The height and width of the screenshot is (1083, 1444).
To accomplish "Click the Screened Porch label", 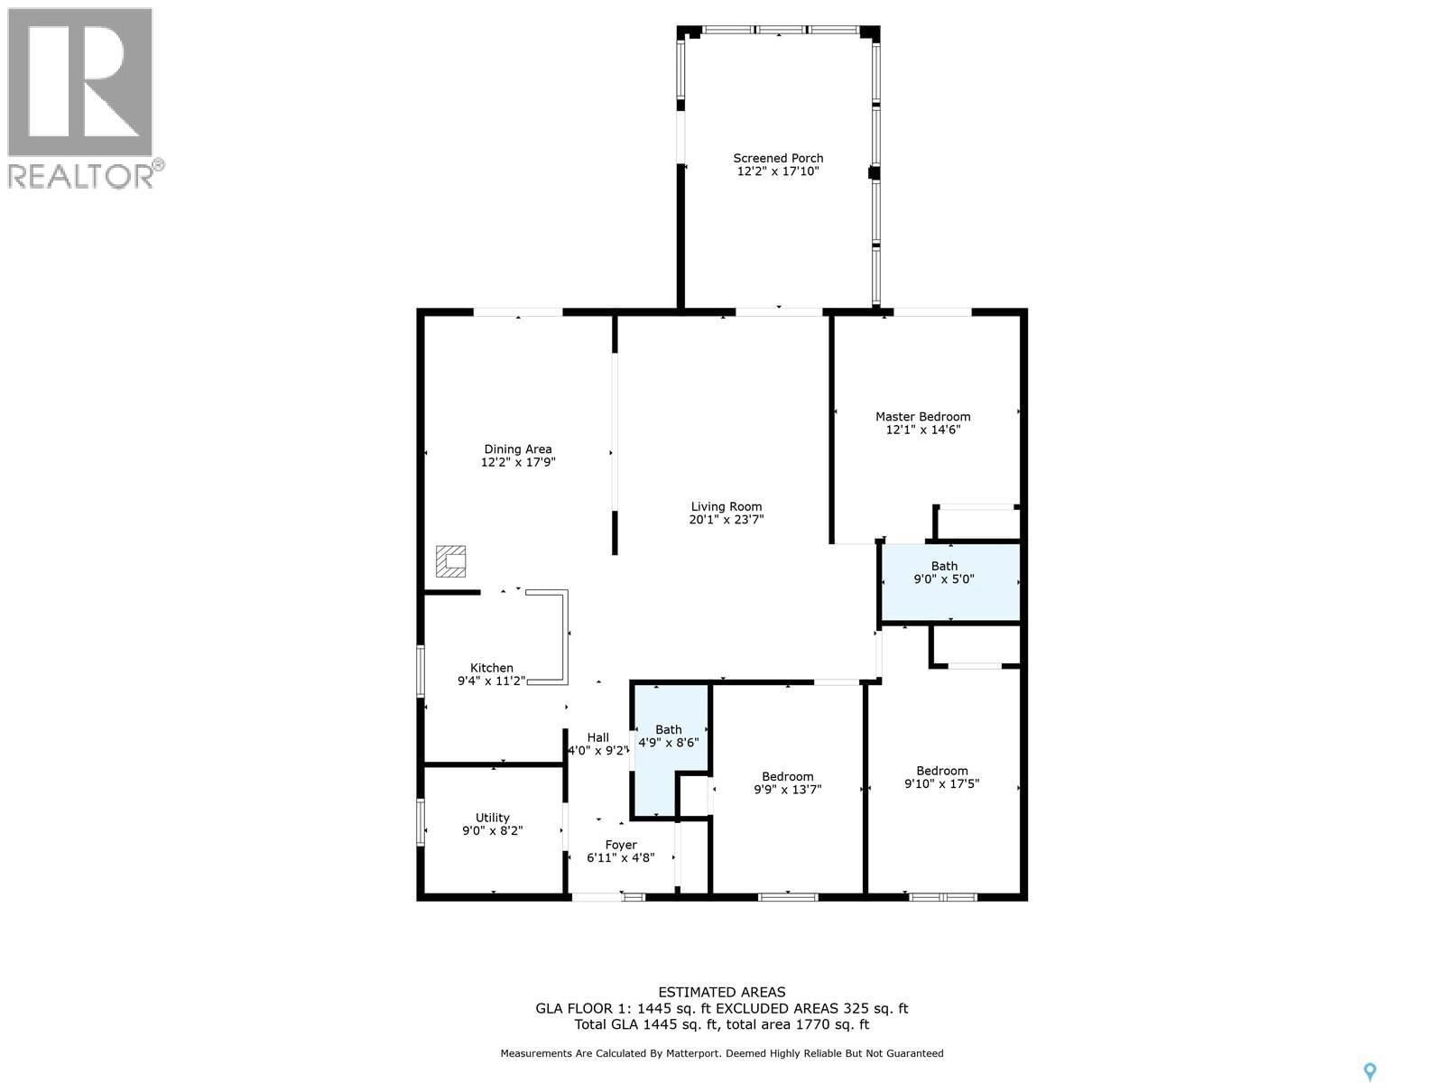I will pos(777,158).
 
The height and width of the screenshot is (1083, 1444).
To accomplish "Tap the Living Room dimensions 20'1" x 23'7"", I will pos(727,520).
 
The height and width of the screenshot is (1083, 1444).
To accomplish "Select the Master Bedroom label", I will pos(922,416).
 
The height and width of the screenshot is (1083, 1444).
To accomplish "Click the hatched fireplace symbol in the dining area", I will pos(450,560).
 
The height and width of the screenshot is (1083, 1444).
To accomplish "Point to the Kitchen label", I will pos(491,668).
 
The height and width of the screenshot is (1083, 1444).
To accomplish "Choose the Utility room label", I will pos(492,818).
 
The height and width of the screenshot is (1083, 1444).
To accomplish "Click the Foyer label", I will pos(620,845).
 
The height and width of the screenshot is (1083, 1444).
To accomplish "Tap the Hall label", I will pos(597,737).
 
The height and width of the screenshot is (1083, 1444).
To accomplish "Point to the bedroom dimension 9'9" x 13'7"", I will pos(787,790).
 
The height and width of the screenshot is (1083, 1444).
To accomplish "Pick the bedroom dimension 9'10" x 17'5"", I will pos(941,784).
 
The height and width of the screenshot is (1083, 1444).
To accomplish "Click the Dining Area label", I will pos(517,449).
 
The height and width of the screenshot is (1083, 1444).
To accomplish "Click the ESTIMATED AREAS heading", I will pos(721,992).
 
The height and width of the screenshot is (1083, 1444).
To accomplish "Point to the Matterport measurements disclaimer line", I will pos(721,1053).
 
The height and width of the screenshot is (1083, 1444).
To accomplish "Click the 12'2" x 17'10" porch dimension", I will pos(777,171).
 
